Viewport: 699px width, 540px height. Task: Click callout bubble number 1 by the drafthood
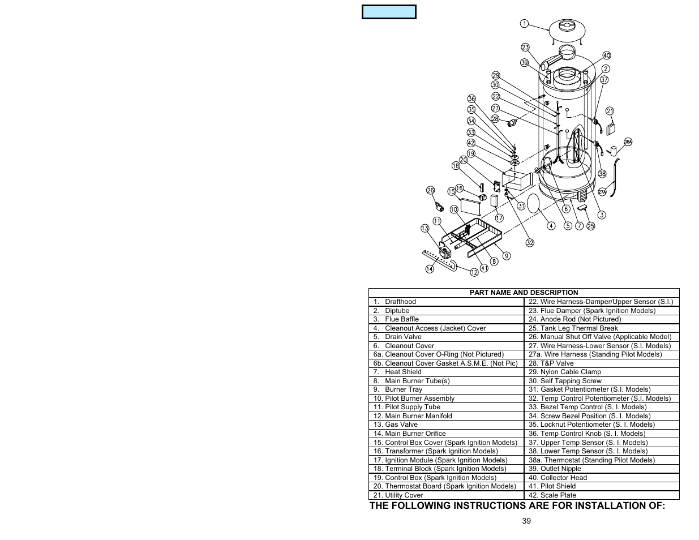coord(524,24)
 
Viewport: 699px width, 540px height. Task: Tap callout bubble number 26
coord(430,191)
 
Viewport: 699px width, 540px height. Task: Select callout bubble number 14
coord(430,269)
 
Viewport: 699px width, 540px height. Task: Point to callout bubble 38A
coord(628,142)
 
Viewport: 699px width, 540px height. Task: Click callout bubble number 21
coord(610,112)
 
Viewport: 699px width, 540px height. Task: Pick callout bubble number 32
coord(530,243)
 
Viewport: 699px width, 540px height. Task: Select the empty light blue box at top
coord(389,12)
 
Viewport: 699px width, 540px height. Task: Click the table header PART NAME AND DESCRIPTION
coord(524,293)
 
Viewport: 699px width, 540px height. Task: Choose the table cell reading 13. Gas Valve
coord(396,425)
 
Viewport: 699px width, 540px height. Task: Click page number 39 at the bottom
coord(526,521)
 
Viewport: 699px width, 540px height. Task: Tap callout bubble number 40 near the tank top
coord(607,55)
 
